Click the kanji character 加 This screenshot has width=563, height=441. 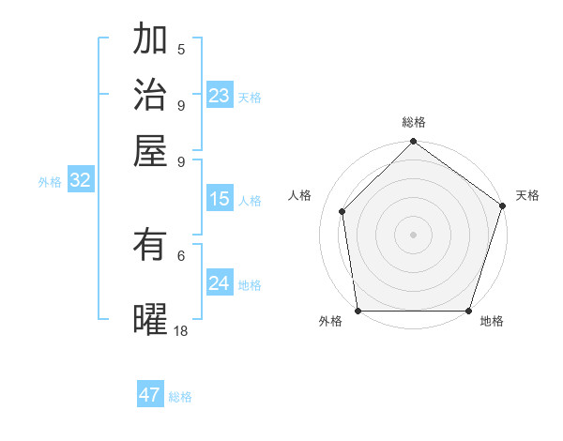[x=150, y=40]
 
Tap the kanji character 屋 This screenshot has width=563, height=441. [x=150, y=150]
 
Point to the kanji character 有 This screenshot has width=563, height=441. [x=150, y=245]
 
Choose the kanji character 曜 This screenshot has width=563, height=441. [x=150, y=319]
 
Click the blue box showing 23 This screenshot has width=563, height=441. [x=220, y=96]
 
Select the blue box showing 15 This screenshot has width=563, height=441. [x=220, y=199]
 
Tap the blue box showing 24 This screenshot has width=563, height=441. [x=220, y=283]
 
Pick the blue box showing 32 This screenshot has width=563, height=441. [x=80, y=181]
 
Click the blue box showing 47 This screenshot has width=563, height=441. [x=150, y=395]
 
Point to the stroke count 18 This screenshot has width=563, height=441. [x=181, y=330]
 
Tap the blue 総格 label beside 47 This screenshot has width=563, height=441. [x=180, y=397]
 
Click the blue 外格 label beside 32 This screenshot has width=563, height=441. [x=50, y=182]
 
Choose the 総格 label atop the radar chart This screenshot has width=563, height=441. [x=414, y=123]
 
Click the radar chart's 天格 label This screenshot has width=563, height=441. [x=527, y=195]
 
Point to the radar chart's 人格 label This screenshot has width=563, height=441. [x=300, y=195]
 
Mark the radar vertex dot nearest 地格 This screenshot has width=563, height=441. [x=469, y=311]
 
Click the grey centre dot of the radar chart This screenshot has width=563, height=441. [x=413, y=234]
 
